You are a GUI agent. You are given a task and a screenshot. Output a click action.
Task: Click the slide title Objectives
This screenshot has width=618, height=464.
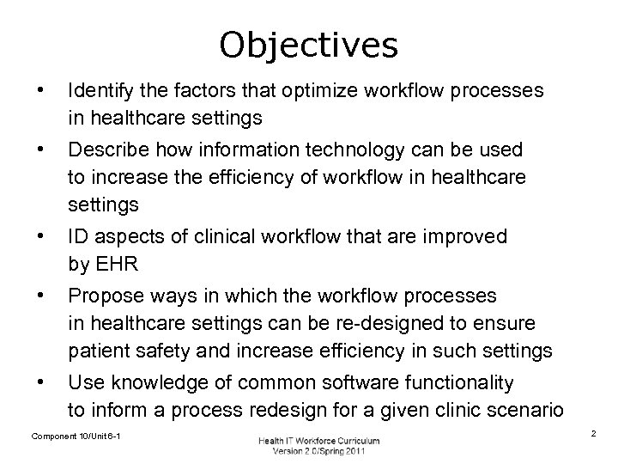tap(309, 46)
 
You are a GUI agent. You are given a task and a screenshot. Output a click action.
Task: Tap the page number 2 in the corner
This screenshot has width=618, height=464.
tap(593, 436)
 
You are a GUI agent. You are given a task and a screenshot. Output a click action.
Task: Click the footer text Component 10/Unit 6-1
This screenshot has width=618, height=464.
tap(76, 437)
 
